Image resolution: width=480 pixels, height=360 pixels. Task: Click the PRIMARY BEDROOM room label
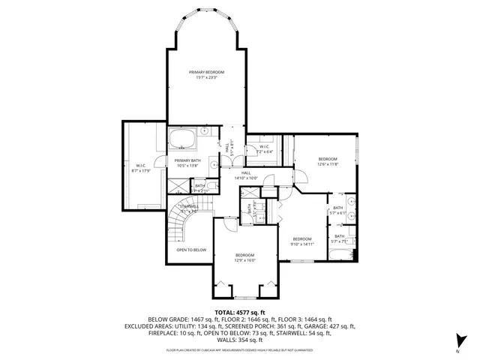(206, 72)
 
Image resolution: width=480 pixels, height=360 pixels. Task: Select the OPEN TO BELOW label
(191, 250)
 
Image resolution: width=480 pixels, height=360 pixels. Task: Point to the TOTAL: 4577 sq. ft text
(240, 311)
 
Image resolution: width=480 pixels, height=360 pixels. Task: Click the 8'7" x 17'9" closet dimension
(141, 171)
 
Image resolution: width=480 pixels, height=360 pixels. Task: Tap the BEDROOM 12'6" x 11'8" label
(328, 161)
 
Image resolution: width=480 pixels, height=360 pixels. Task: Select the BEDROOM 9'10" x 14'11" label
(301, 241)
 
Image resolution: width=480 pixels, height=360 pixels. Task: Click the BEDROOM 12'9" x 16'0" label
(244, 257)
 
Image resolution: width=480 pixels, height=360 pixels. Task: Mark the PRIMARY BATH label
(187, 163)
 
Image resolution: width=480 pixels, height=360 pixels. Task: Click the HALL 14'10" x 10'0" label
(245, 175)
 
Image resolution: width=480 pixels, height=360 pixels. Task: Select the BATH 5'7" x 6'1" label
(338, 211)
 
